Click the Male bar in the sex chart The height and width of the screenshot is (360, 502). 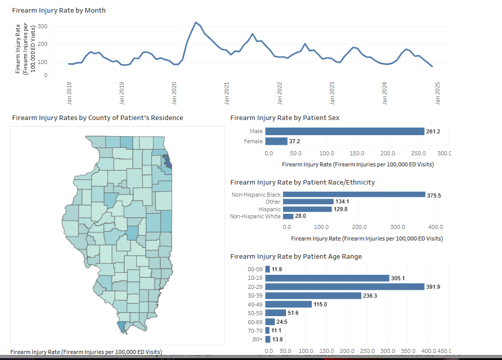click(x=344, y=132)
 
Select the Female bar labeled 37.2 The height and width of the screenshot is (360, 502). click(x=276, y=141)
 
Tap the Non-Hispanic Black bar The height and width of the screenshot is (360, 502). click(x=354, y=195)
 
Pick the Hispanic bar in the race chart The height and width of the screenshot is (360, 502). click(x=307, y=209)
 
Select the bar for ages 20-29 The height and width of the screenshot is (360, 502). click(x=344, y=286)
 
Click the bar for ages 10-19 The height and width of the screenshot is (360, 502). click(x=327, y=278)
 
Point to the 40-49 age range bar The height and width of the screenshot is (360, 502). click(x=288, y=304)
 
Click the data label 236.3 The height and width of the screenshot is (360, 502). click(x=370, y=295)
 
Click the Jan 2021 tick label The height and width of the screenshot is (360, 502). click(x=227, y=93)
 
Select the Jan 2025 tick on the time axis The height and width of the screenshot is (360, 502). click(x=437, y=93)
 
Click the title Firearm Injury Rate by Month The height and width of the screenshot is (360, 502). click(x=59, y=10)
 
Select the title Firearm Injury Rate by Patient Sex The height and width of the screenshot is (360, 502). click(x=285, y=117)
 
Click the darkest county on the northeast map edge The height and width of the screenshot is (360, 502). click(x=168, y=162)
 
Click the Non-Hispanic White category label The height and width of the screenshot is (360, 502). click(x=255, y=216)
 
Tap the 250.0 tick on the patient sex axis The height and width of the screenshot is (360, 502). click(x=418, y=153)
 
